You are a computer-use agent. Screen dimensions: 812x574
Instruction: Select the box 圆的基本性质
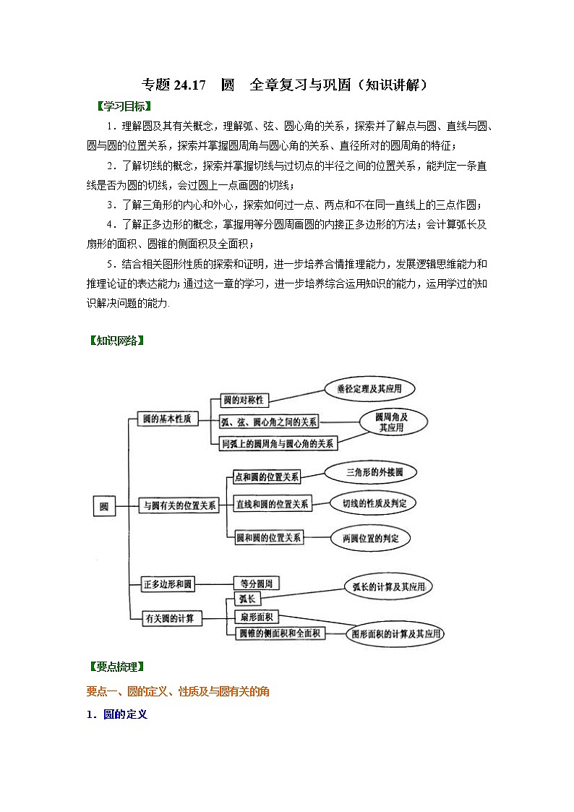coord(167,419)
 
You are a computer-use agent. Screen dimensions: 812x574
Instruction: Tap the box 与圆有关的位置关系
coord(179,506)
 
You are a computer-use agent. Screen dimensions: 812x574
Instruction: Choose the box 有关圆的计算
coord(172,618)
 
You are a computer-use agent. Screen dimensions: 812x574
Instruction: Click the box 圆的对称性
coord(242,400)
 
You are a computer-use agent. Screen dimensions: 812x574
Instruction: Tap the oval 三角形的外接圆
coord(369,473)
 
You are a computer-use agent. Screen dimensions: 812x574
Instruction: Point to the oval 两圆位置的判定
coord(369,538)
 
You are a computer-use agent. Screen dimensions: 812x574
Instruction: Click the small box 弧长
coord(242,599)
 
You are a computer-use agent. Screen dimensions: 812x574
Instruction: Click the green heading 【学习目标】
coord(119,106)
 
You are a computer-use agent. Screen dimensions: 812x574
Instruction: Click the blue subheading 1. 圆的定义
coord(116,714)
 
